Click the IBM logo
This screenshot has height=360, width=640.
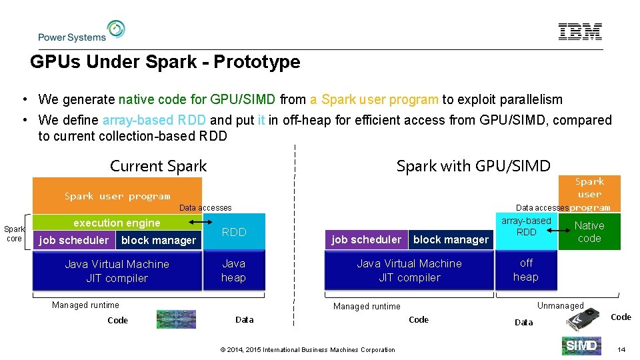[x=580, y=31]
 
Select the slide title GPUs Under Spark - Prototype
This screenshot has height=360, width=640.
[x=165, y=63]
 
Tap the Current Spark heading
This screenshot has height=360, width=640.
[x=158, y=166]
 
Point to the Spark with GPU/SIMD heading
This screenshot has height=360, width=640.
[x=473, y=166]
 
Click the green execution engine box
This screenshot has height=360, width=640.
[x=117, y=222]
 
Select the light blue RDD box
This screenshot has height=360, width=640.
[x=234, y=232]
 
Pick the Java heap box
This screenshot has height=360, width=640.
[x=234, y=271]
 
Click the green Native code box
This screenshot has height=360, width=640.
[x=589, y=232]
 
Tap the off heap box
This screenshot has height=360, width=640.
[x=526, y=270]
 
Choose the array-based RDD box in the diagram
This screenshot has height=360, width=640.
[x=526, y=227]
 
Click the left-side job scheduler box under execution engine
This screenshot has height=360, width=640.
[x=74, y=240]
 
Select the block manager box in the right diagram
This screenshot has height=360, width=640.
[x=451, y=239]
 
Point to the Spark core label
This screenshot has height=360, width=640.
[x=14, y=233]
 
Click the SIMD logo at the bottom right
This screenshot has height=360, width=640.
[x=581, y=345]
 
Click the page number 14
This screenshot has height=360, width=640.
[x=621, y=349]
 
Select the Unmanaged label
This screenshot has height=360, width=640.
[x=560, y=305]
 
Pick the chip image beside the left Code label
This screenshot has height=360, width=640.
[x=176, y=320]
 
